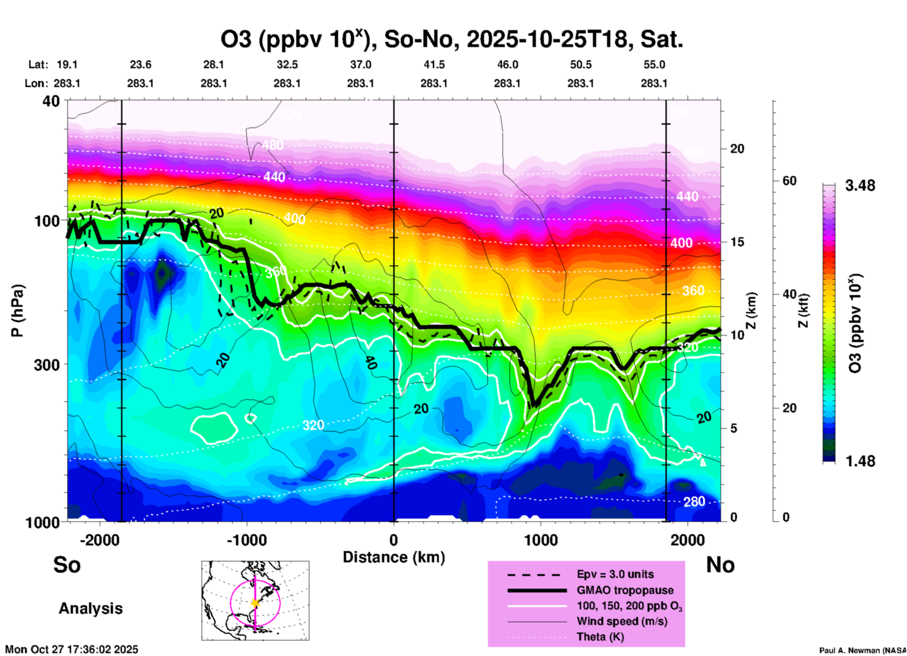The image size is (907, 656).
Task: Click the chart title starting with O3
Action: click(452, 40)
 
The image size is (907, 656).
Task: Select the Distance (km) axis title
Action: click(394, 557)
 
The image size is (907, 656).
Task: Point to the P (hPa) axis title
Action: click(17, 311)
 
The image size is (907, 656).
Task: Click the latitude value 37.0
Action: click(361, 65)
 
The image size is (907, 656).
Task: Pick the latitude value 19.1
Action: click(67, 65)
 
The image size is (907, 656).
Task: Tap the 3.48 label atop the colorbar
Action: click(860, 186)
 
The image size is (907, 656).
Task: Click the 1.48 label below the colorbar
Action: click(860, 461)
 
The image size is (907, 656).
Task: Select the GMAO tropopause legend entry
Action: click(625, 590)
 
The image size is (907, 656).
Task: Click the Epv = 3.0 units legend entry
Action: click(615, 575)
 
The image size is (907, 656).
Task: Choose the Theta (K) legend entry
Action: click(600, 637)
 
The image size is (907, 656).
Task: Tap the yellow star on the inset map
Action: click(255, 603)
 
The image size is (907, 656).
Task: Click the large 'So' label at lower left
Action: click(67, 565)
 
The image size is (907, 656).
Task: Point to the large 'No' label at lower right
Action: click(720, 565)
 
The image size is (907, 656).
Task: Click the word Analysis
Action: click(90, 608)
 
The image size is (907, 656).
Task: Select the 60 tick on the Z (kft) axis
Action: click(789, 181)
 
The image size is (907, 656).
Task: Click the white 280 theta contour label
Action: click(694, 502)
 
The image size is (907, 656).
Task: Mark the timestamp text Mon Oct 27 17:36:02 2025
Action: click(72, 649)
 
